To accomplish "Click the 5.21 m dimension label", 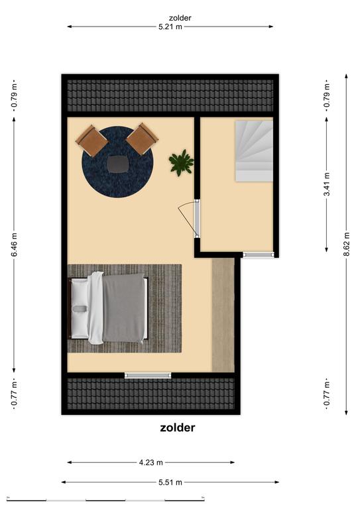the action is [170, 27].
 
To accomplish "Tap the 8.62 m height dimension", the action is [347, 244].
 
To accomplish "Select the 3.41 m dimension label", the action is [327, 184].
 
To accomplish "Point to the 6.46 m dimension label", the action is [14, 245].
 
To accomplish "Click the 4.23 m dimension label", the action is [151, 462].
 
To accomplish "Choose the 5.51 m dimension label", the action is [170, 482].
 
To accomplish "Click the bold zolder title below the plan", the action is [177, 427].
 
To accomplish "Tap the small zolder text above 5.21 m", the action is [180, 18].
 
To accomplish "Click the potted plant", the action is [181, 162].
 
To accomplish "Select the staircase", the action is [254, 151].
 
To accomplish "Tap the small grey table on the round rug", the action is [117, 164].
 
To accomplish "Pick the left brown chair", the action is [92, 141].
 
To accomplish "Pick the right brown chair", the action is [142, 139].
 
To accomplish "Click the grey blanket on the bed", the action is [123, 308].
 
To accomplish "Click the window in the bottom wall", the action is [148, 376].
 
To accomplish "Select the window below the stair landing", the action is [259, 254].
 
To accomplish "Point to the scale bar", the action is [105, 498].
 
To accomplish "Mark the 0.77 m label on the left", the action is [14, 394].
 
